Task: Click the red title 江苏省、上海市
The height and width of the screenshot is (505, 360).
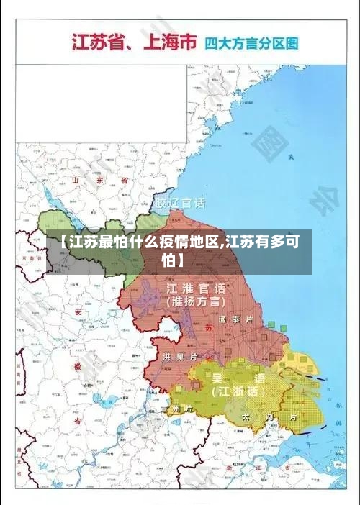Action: pyautogui.click(x=133, y=42)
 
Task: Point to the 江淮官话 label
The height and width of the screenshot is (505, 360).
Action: pyautogui.click(x=197, y=288)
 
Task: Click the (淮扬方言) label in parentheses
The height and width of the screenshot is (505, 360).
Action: pyautogui.click(x=196, y=302)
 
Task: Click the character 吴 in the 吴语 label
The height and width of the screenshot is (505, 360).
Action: pyautogui.click(x=216, y=377)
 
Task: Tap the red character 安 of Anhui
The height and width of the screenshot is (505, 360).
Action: pyautogui.click(x=78, y=312)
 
